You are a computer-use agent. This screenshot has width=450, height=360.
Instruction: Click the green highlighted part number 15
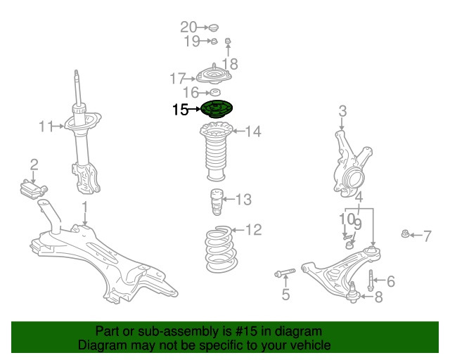click(x=216, y=109)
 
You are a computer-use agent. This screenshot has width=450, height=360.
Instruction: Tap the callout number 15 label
click(x=180, y=109)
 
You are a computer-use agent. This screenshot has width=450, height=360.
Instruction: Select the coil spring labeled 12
click(x=221, y=250)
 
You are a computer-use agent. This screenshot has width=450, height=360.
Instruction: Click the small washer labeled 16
click(x=215, y=93)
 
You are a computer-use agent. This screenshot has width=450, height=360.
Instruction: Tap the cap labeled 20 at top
click(x=214, y=28)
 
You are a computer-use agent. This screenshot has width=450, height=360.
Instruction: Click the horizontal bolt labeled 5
click(x=284, y=273)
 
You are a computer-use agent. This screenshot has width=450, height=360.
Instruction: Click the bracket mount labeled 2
click(x=32, y=189)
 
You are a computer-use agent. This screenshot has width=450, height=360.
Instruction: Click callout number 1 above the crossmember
click(x=84, y=207)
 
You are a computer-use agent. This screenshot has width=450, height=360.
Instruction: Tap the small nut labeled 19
click(x=212, y=41)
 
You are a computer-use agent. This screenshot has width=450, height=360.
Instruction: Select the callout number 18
click(x=230, y=63)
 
